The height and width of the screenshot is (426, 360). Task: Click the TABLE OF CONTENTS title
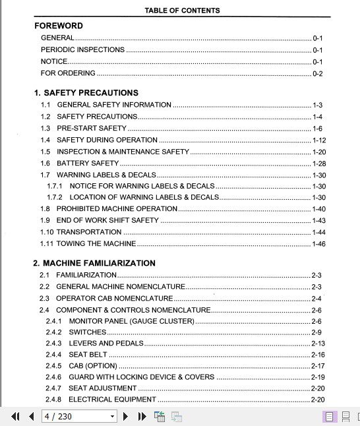(182, 11)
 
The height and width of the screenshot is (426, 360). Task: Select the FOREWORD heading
(59, 26)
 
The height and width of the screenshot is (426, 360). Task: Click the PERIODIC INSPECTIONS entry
(82, 49)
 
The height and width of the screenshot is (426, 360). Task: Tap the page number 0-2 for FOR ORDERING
(317, 73)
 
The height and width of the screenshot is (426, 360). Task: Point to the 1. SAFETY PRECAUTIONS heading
(86, 93)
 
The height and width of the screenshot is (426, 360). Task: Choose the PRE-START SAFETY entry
(92, 129)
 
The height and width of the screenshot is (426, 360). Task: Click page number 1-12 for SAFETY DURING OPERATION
(318, 140)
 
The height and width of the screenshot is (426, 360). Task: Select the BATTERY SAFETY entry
(88, 163)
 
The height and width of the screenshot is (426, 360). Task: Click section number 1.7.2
(54, 197)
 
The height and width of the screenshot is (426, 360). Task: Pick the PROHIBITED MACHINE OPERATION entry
(117, 208)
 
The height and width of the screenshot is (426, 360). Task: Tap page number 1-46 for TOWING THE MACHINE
(318, 244)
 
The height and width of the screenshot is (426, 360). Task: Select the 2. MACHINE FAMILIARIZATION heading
(94, 263)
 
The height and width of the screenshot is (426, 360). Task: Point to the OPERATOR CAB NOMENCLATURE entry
(114, 299)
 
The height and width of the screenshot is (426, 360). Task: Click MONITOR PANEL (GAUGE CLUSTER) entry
(131, 321)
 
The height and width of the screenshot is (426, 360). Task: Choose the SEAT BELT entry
(88, 355)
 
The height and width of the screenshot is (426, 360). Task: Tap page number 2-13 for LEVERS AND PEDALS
(318, 344)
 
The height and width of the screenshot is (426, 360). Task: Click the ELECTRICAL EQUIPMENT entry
(112, 400)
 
